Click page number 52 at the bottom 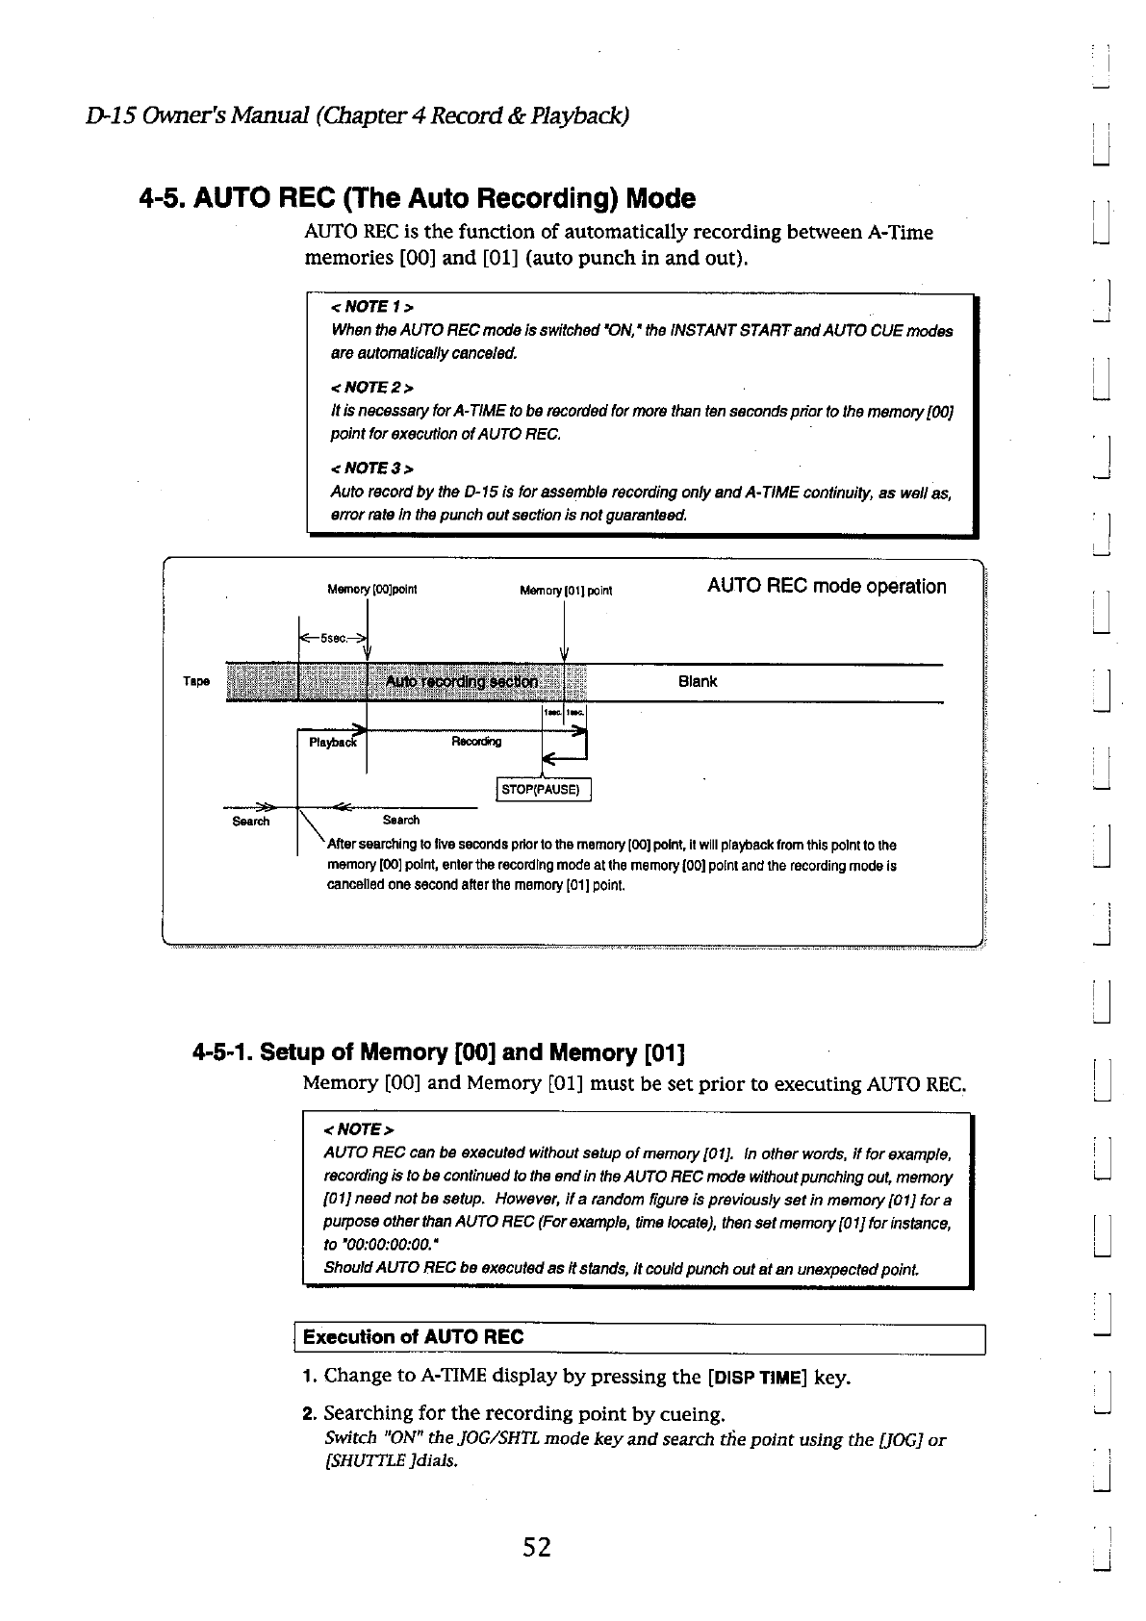click(x=537, y=1547)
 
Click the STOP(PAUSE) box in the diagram click(x=543, y=790)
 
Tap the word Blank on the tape click(x=698, y=682)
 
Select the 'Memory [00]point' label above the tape click(x=371, y=590)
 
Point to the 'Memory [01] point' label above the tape click(x=566, y=591)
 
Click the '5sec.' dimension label click(x=333, y=637)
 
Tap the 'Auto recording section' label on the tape click(x=461, y=682)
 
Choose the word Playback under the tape click(x=332, y=743)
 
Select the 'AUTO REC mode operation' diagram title click(x=827, y=587)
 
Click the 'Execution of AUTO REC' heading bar click(x=414, y=1337)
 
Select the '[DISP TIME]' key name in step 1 click(x=756, y=1377)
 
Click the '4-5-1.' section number click(x=222, y=1052)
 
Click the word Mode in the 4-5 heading click(x=660, y=199)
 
